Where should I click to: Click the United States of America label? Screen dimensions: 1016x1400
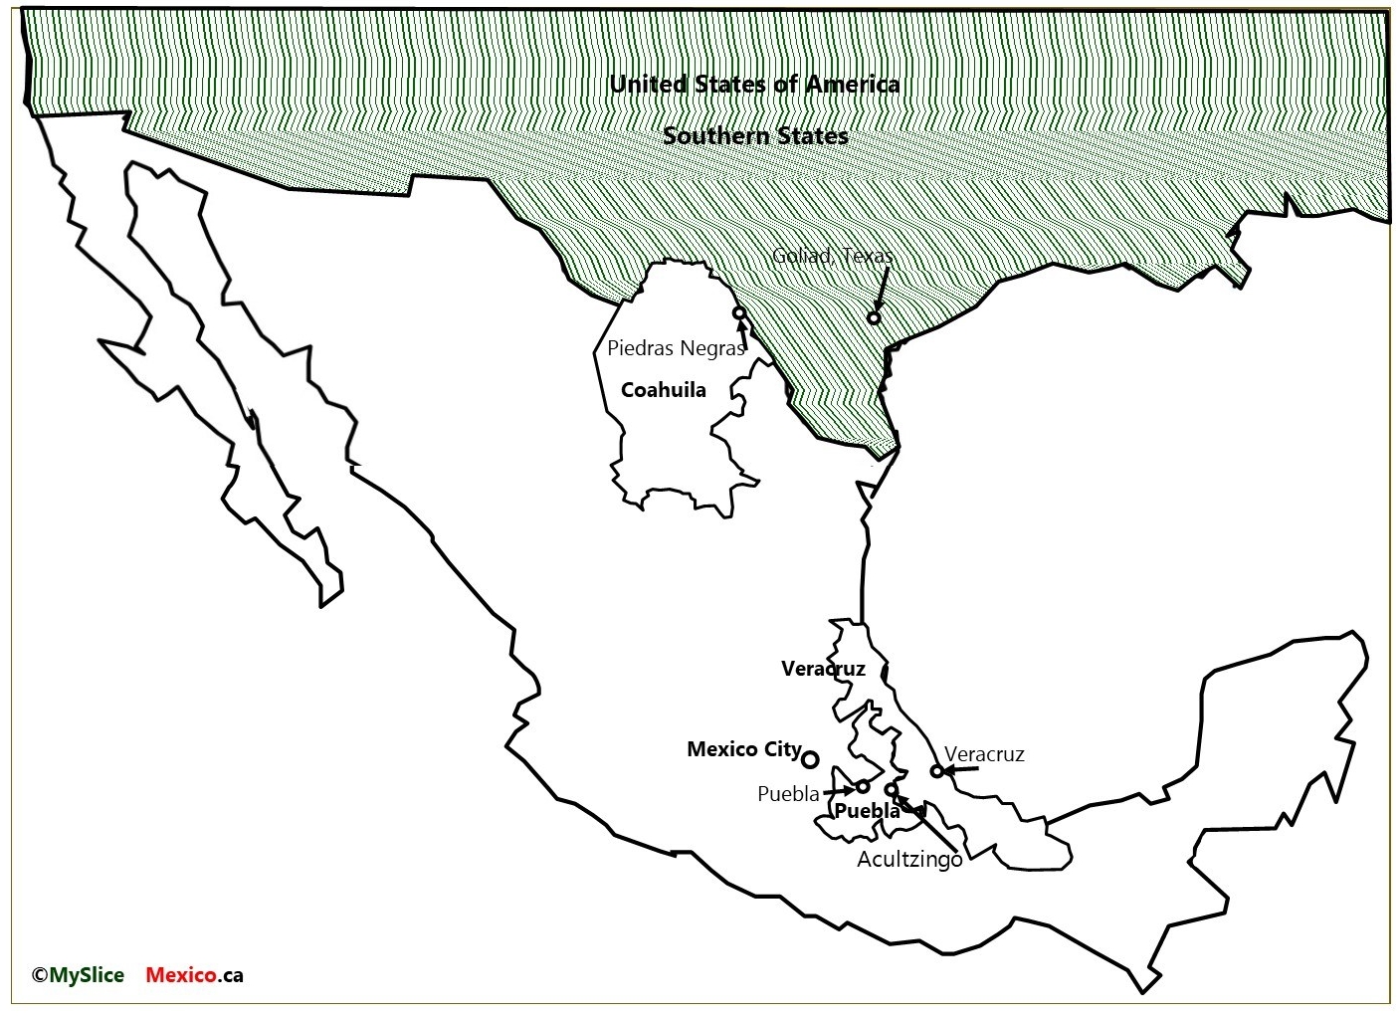point(754,85)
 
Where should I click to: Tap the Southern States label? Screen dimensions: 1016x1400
point(755,136)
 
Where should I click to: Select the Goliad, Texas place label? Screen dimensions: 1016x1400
point(833,257)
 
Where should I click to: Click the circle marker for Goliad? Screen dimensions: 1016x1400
point(874,317)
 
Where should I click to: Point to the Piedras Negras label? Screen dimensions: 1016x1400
point(676,348)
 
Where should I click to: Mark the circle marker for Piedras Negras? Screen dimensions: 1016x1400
point(739,312)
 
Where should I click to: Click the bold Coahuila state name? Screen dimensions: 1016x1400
point(663,390)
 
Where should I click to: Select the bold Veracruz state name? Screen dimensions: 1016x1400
point(823,669)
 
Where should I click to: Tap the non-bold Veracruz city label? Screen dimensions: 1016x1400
point(984,754)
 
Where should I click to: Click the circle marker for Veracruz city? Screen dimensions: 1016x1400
point(936,770)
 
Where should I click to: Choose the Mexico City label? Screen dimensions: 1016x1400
point(744,749)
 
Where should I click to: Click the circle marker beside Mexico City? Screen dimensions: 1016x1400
point(810,759)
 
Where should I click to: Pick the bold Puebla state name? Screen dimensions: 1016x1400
point(867,811)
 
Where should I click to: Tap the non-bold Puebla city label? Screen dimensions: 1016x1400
point(788,794)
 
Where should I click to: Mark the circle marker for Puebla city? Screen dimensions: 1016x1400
point(863,786)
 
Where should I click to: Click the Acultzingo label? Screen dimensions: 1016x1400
point(909,859)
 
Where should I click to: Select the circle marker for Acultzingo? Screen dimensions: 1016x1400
point(892,790)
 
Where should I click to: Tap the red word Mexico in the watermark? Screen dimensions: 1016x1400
point(181,975)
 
